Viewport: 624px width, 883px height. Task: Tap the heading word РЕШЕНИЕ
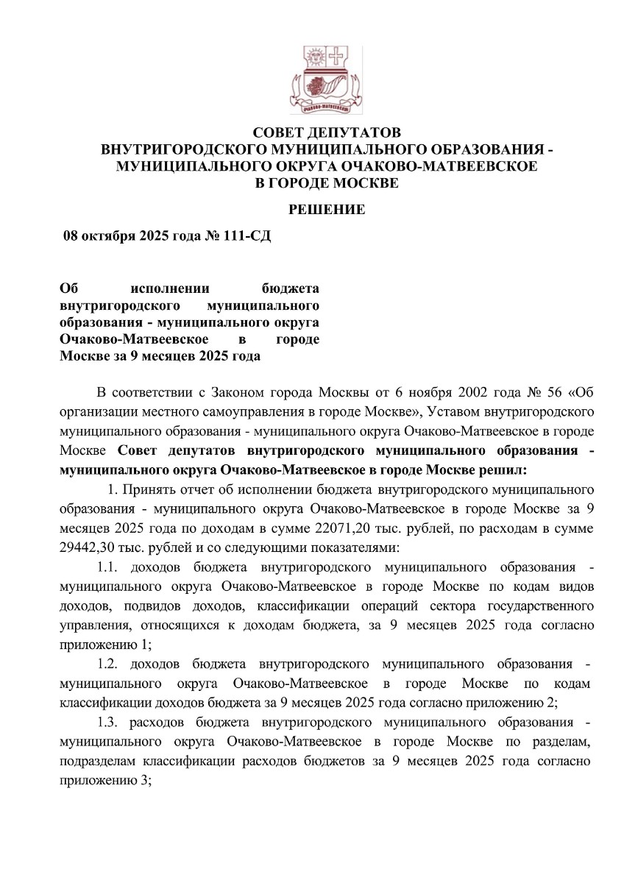click(x=326, y=210)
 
